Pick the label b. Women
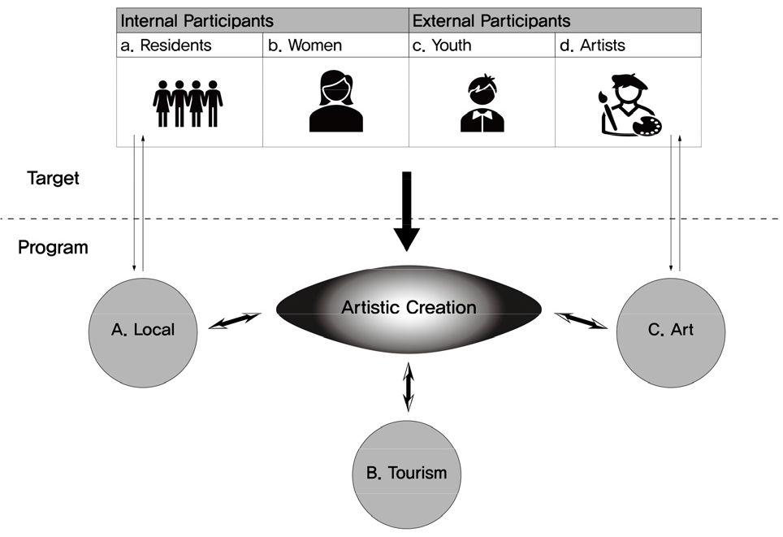[305, 45]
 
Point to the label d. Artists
[593, 45]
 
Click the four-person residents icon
[188, 102]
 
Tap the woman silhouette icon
[335, 102]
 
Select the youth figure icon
[482, 103]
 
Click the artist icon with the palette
[630, 104]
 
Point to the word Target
[53, 178]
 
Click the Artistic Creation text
[409, 308]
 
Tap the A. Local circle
[143, 330]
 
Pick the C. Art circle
[670, 331]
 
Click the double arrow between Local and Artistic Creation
[236, 321]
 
